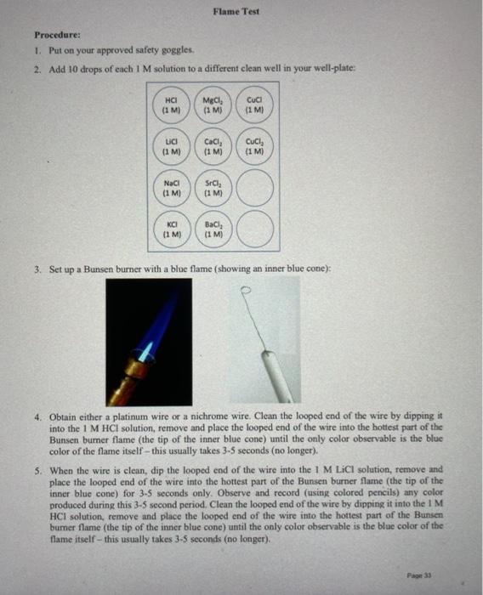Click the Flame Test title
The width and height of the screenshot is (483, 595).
(x=236, y=11)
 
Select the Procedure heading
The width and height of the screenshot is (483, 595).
(x=57, y=35)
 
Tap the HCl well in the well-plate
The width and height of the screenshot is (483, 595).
(x=171, y=105)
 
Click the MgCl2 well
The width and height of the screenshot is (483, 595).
(x=213, y=105)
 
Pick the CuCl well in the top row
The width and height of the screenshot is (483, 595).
(x=254, y=105)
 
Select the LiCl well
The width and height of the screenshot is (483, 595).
(x=171, y=146)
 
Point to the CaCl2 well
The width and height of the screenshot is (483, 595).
(x=213, y=146)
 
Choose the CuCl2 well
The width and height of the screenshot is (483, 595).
(x=254, y=146)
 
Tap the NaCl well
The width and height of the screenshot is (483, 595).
(x=172, y=188)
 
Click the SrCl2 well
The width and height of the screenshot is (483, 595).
(x=213, y=188)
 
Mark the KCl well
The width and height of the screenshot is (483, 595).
(x=172, y=229)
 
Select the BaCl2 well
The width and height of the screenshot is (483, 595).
(x=213, y=229)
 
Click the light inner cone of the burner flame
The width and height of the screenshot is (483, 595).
(x=146, y=351)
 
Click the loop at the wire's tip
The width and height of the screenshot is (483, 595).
(x=246, y=290)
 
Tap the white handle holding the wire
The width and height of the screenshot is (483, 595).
(x=276, y=377)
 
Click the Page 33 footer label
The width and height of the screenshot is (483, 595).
(x=419, y=575)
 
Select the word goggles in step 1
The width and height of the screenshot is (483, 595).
(x=179, y=50)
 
